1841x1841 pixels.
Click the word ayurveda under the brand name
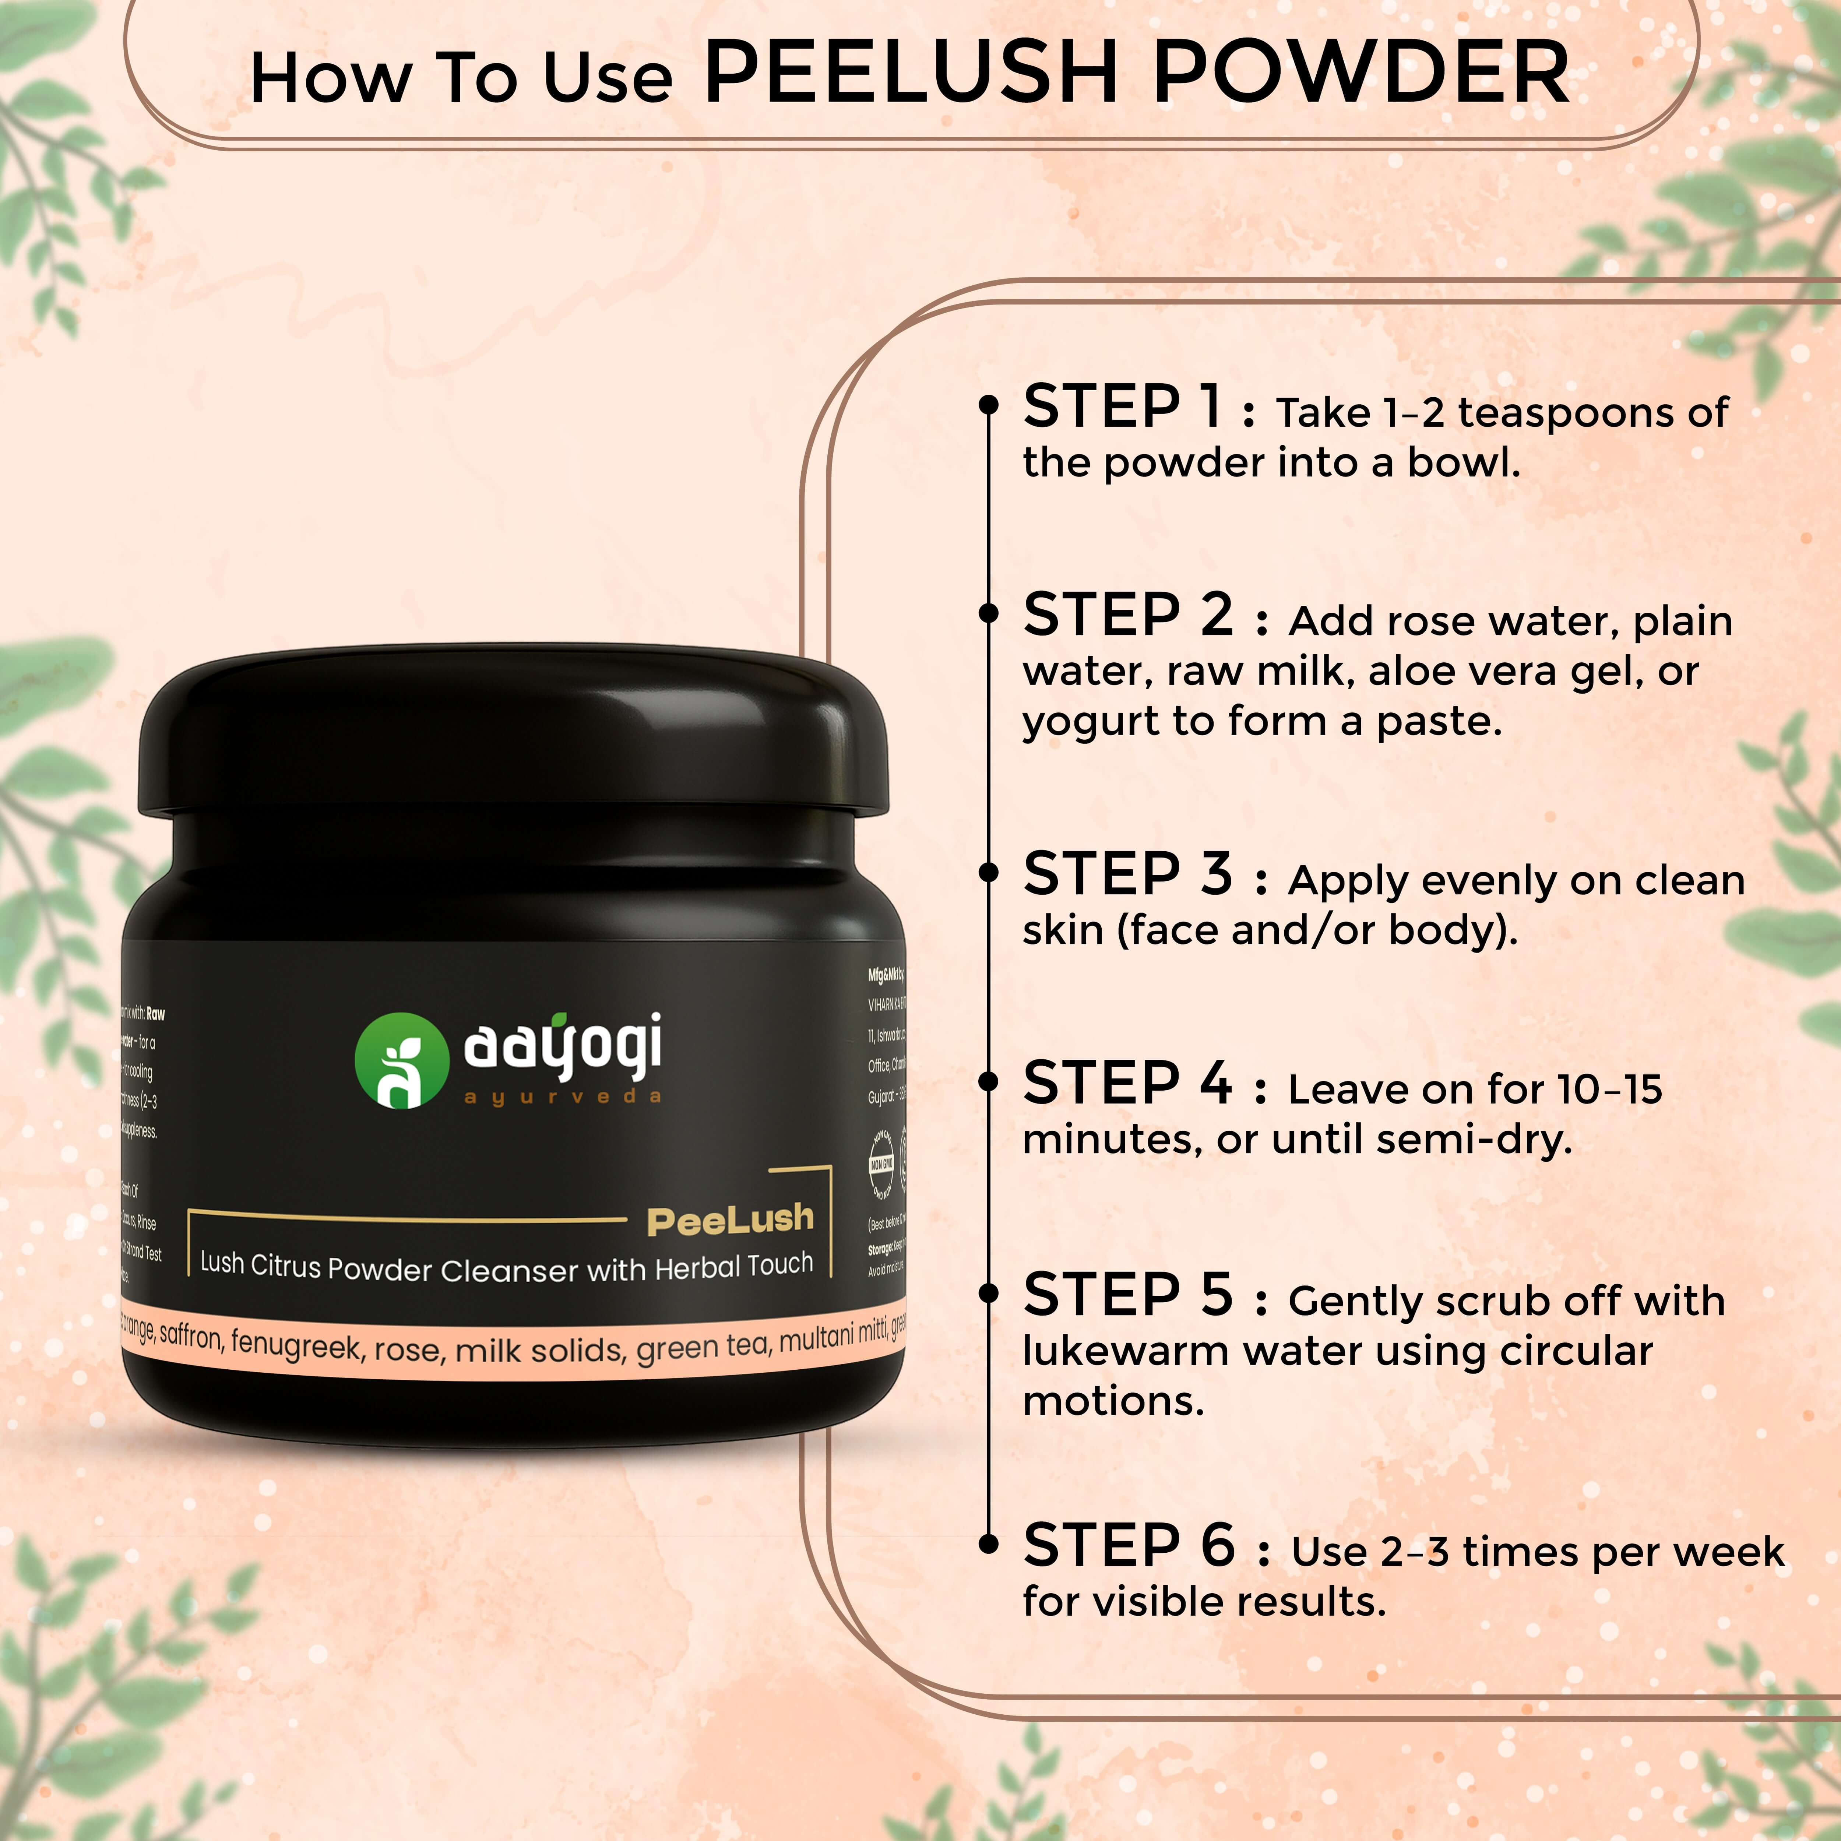(562, 1097)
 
